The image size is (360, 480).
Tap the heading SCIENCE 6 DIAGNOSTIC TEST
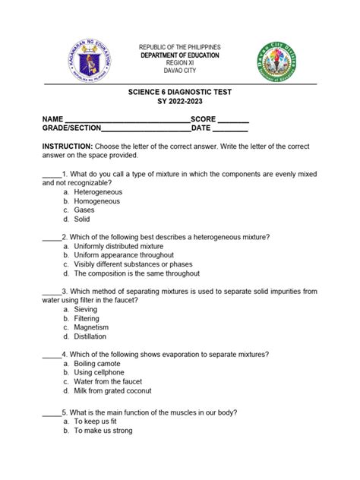(x=179, y=92)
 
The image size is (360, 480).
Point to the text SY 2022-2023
(x=179, y=103)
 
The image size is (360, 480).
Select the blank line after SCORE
(x=233, y=122)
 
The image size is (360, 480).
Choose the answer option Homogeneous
(x=96, y=201)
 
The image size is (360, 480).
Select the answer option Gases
(x=84, y=210)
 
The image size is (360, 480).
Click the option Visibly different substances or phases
(x=140, y=264)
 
